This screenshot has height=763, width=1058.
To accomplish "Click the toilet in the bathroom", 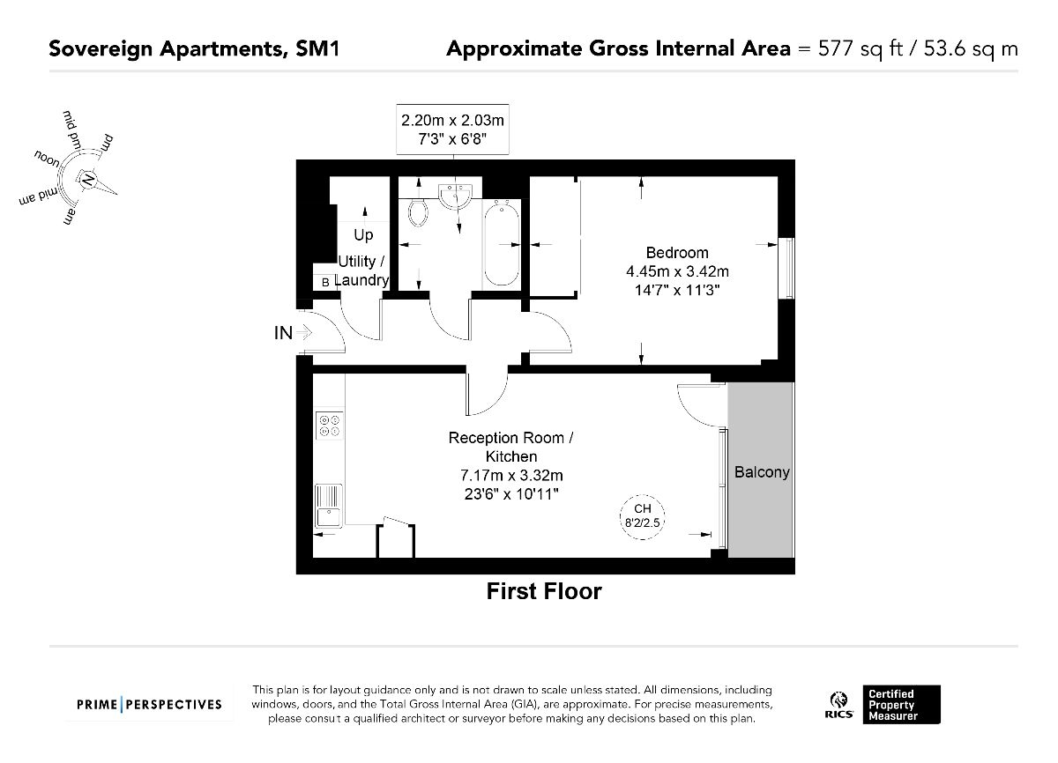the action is tap(418, 213).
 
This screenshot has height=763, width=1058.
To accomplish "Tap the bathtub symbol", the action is tap(502, 244).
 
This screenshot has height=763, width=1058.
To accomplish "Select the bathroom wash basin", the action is tap(455, 196).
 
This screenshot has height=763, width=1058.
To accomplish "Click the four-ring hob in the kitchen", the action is tap(329, 426).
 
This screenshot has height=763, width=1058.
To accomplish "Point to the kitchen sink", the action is tap(329, 506).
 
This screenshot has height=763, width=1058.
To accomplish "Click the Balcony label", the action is tap(762, 472).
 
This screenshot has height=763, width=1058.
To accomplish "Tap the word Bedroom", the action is tap(677, 253).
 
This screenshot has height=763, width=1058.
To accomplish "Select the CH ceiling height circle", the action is tap(643, 516).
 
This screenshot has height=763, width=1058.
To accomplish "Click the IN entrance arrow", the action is tap(304, 333).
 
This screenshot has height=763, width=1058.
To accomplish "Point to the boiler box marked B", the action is tap(325, 282).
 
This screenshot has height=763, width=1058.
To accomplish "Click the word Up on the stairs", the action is tap(363, 234).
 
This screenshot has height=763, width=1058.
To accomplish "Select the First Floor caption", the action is tap(544, 591).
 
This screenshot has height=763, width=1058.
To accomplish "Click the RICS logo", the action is tap(838, 705).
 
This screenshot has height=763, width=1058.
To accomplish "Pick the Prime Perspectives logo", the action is tap(149, 705).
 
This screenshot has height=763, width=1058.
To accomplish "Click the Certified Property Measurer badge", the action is tap(902, 705).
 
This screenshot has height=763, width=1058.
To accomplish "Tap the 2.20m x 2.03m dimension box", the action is tap(452, 130).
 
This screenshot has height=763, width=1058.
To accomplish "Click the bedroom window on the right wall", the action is tap(786, 268).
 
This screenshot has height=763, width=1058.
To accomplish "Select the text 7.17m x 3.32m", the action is tap(511, 475).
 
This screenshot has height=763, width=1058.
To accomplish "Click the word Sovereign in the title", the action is tap(101, 49).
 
